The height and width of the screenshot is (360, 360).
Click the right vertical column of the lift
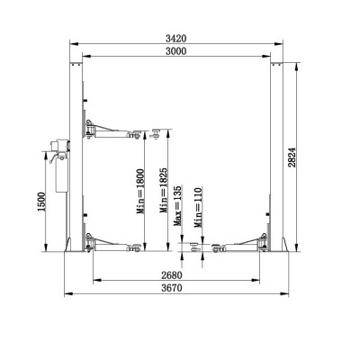(x=275, y=153)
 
